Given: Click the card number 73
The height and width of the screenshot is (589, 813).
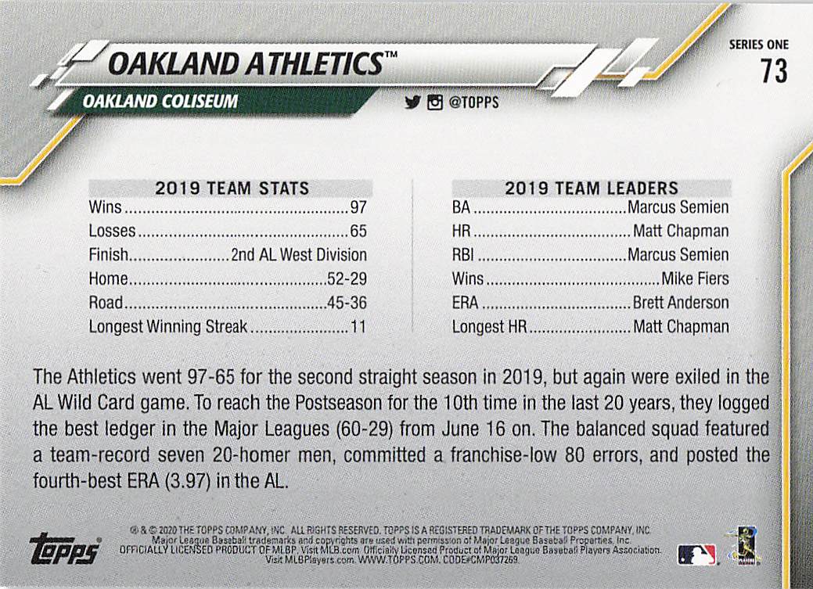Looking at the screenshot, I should (x=772, y=71).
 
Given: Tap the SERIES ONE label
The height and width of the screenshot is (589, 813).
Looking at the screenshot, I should (x=758, y=45).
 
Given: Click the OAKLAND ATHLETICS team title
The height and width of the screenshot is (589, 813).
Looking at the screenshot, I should (x=244, y=63).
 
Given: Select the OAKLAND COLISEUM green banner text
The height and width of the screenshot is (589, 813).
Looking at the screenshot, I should (x=160, y=102).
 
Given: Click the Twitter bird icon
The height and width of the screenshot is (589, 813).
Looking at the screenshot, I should (x=412, y=102).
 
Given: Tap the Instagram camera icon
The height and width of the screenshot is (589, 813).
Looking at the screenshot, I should (x=434, y=102).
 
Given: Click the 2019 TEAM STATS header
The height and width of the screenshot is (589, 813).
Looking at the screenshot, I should (x=232, y=189).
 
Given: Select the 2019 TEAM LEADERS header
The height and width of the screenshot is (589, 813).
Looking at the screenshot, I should (x=592, y=189).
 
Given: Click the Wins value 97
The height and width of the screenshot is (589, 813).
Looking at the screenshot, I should (x=358, y=208).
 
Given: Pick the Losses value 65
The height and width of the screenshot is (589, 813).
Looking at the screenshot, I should (x=358, y=232).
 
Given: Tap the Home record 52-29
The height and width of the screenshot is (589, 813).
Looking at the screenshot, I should (x=347, y=279).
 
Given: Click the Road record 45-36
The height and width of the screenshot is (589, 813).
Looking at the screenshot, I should (x=347, y=303).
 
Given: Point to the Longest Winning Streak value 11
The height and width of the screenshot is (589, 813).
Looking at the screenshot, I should (x=358, y=327).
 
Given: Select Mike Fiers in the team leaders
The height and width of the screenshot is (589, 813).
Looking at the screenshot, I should (x=695, y=279).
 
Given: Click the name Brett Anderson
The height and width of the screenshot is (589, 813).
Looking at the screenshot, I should (x=680, y=303).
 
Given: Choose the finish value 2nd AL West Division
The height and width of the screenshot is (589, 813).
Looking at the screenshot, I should (x=299, y=256).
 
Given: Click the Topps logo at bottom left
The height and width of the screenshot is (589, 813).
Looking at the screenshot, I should (x=64, y=550).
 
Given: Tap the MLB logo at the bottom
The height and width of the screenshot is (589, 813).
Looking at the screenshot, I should (x=696, y=555).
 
